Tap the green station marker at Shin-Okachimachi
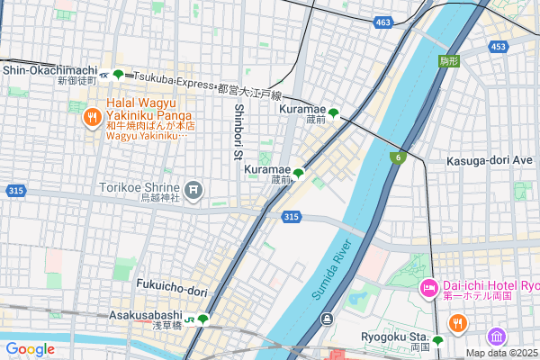(118, 75)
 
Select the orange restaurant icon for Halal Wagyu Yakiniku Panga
(92, 118)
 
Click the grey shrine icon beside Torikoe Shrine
(195, 190)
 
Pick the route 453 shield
(499, 46)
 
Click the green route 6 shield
(397, 158)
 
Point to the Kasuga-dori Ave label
(490, 160)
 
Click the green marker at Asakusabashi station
(203, 319)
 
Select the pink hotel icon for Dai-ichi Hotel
(429, 288)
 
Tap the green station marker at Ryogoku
(437, 341)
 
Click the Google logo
(30, 349)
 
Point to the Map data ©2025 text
(502, 353)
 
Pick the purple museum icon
(496, 337)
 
